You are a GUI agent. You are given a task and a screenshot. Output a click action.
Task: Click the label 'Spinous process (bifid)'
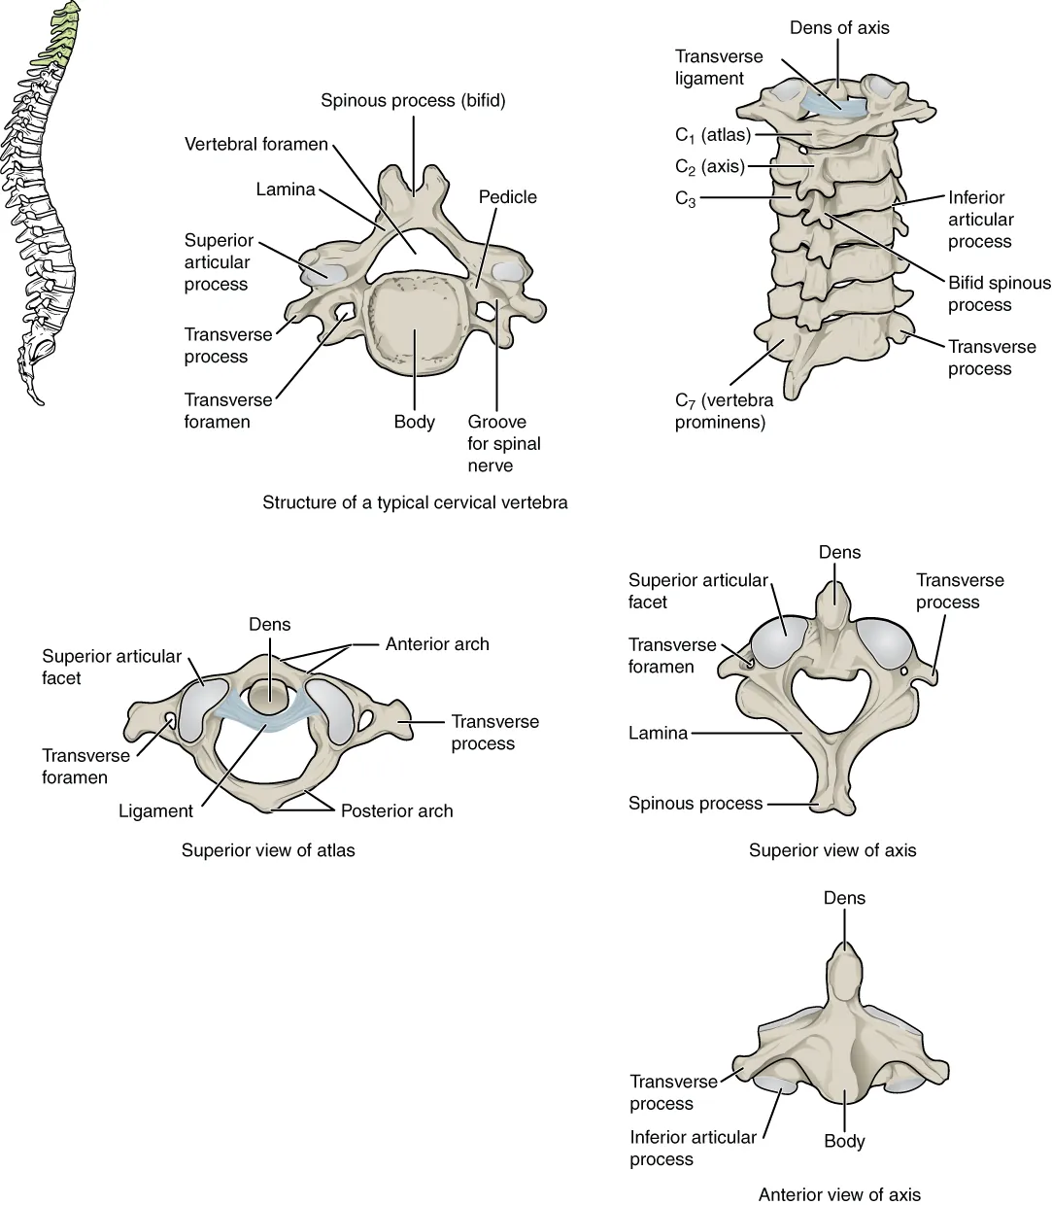click(414, 100)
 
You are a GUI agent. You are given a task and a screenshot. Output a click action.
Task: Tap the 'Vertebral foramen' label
click(256, 145)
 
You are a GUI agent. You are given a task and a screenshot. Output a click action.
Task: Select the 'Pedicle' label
click(507, 197)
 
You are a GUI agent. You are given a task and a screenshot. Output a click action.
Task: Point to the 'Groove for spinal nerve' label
click(504, 443)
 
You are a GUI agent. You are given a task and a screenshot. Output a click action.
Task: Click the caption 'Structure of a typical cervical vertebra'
click(415, 503)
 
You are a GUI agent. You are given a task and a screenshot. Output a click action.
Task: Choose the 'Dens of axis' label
click(839, 28)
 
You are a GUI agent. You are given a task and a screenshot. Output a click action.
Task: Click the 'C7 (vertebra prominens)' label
click(724, 411)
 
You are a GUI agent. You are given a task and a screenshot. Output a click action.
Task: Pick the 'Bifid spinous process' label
click(999, 293)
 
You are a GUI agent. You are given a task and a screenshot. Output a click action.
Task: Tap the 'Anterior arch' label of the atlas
click(437, 643)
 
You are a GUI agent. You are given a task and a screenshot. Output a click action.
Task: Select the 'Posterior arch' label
click(396, 810)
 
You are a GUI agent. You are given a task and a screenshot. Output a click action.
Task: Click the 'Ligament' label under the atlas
click(155, 810)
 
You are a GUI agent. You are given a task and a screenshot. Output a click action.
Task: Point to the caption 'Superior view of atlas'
click(268, 850)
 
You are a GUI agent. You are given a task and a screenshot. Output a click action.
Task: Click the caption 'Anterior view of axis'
click(839, 1194)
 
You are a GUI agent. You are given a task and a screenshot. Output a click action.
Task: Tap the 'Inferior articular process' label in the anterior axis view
click(693, 1148)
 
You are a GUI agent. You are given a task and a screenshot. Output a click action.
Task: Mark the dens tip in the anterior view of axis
click(843, 957)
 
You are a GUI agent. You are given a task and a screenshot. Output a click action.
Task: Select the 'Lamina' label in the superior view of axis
click(658, 734)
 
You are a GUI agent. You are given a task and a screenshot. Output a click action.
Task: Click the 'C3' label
click(686, 199)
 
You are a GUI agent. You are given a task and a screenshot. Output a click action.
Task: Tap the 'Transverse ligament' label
click(719, 67)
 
